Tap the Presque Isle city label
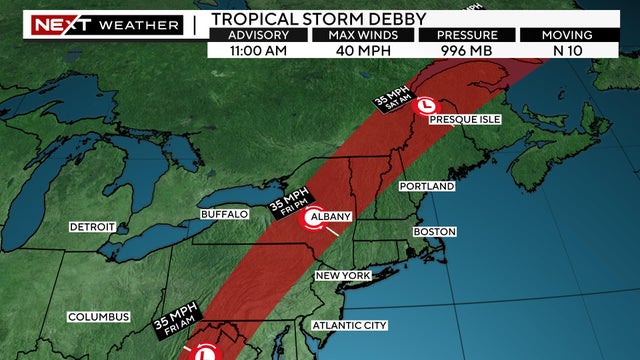pos(464,119)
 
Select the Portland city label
pos(427,187)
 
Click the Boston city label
pos(434,232)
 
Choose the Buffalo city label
pos(223,215)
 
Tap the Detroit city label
pos(92,227)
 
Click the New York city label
pos(343,276)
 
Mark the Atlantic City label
pos(350,326)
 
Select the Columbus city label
pos(99,317)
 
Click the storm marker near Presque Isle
pos(426,104)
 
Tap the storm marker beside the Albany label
pos(305,225)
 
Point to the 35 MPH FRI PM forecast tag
pos(288,205)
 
